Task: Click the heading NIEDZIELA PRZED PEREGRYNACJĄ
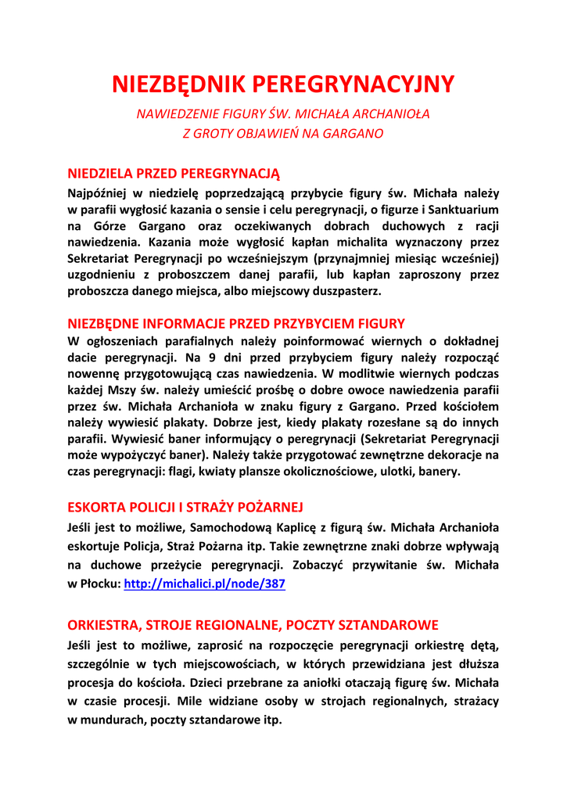coord(174,172)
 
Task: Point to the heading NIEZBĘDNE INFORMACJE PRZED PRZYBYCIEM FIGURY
coord(236,323)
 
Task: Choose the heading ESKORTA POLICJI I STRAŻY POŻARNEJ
coord(185,507)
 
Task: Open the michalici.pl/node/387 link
coord(204,584)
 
